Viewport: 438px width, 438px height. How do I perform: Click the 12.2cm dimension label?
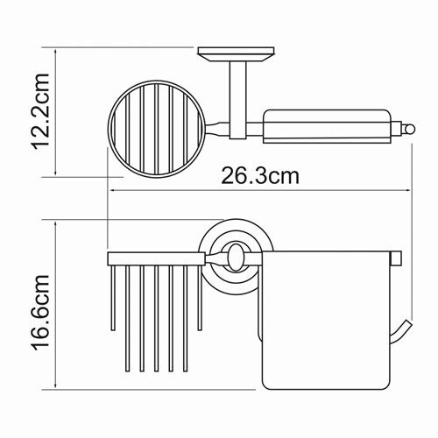(x=40, y=111)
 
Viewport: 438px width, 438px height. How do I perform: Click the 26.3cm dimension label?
(x=260, y=176)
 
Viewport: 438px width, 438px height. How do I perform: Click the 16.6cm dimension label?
(x=40, y=313)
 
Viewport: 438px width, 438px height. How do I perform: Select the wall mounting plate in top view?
(x=237, y=54)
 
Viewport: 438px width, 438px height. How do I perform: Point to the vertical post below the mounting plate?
(x=238, y=100)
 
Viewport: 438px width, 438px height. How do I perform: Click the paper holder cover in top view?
(x=327, y=127)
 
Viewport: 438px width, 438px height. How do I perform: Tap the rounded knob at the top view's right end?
(x=410, y=128)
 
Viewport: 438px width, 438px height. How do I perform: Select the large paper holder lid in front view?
(x=326, y=364)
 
